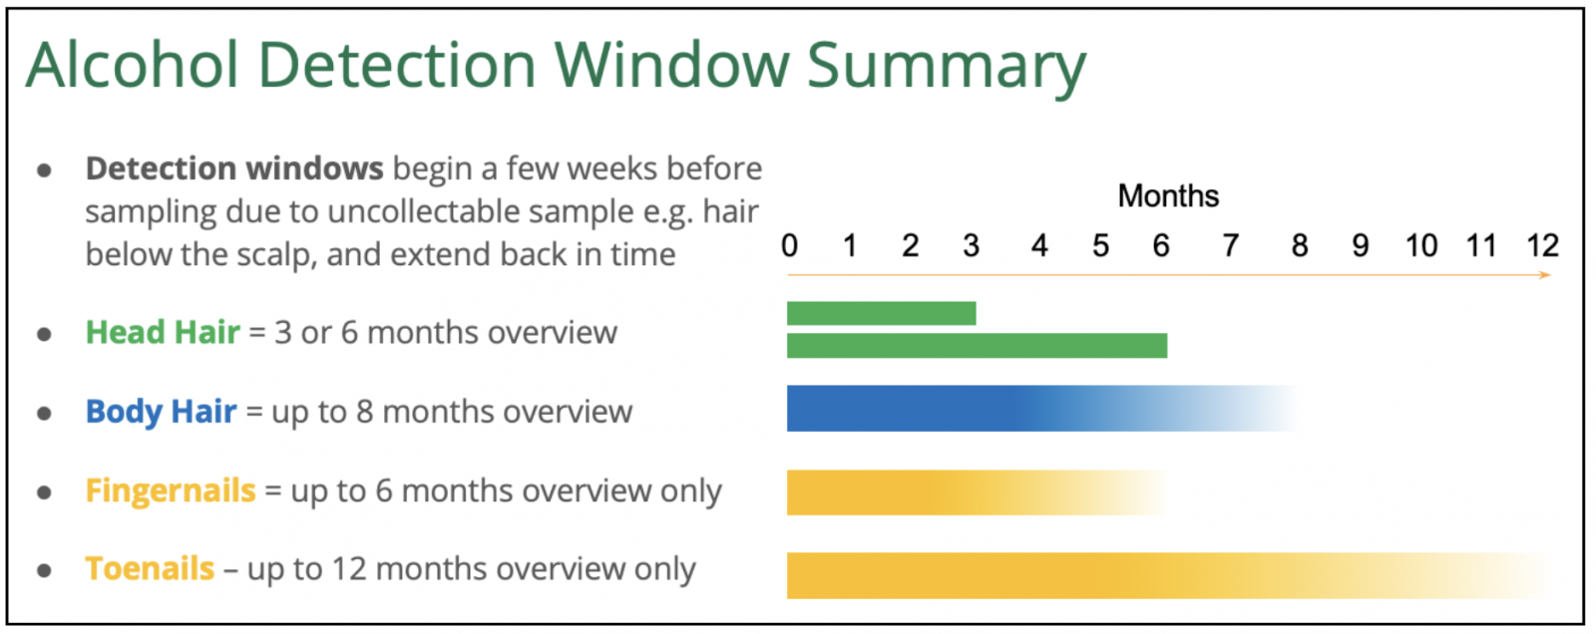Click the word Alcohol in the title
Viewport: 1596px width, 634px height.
[x=133, y=65]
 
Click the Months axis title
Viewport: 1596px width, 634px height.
[x=1168, y=196]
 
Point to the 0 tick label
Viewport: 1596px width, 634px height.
[x=789, y=246]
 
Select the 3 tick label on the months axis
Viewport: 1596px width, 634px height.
[x=971, y=246]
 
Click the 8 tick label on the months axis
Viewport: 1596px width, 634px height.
[x=1300, y=246]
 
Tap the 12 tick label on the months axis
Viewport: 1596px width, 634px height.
[x=1542, y=246]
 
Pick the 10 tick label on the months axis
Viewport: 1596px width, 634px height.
[x=1420, y=246]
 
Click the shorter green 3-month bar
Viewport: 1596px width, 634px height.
[x=882, y=313]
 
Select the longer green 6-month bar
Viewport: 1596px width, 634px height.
[x=977, y=346]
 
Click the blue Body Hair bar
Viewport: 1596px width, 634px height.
[x=1040, y=408]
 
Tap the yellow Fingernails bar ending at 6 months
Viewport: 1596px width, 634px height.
[x=977, y=492]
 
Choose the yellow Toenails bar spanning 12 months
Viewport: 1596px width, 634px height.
[x=1168, y=575]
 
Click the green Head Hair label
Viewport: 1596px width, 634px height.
[x=163, y=332]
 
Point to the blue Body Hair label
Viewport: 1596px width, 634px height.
[x=161, y=411]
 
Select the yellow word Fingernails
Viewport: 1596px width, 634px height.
[x=171, y=490]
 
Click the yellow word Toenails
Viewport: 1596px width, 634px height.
[x=150, y=568]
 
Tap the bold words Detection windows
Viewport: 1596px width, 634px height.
[x=234, y=168]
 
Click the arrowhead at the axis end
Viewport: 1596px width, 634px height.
[x=1545, y=275]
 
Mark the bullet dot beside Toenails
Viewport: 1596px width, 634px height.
[x=44, y=570]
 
